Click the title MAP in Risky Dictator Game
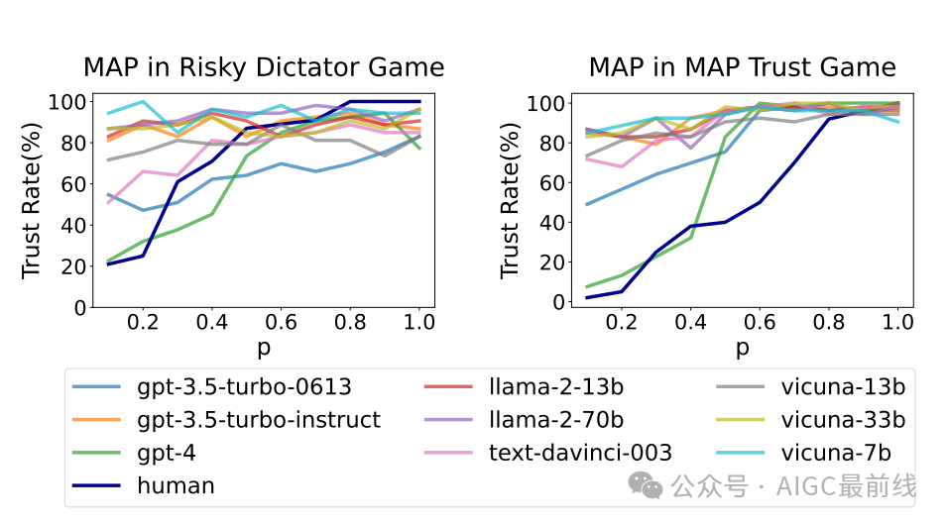tap(263, 67)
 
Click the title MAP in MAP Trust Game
tap(742, 67)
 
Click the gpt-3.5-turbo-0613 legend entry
tap(242, 387)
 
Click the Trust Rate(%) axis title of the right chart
tap(510, 197)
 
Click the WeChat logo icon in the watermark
tap(650, 484)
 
